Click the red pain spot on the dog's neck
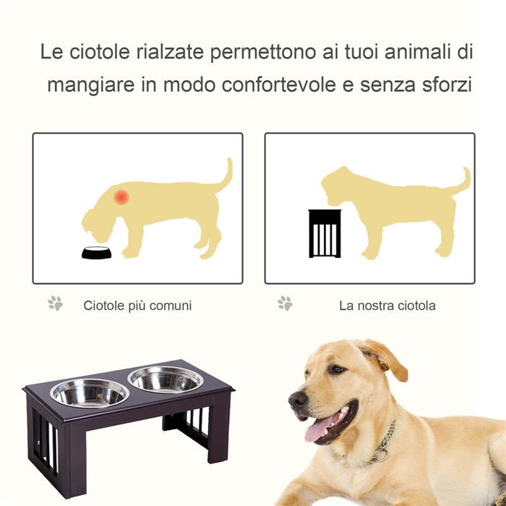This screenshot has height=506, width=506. point(121,197)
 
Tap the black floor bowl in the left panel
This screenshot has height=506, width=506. point(96,252)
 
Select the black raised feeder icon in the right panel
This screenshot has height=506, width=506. point(324,233)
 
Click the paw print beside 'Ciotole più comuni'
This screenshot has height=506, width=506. point(55,304)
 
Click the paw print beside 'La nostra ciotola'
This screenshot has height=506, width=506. point(285,304)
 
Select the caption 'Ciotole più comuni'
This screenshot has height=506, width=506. point(137,306)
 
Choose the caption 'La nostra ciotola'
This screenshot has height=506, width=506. point(387,306)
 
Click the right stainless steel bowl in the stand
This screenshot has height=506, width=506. point(166,378)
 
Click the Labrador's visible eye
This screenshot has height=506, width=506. point(337,369)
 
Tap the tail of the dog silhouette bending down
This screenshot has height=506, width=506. point(226,175)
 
